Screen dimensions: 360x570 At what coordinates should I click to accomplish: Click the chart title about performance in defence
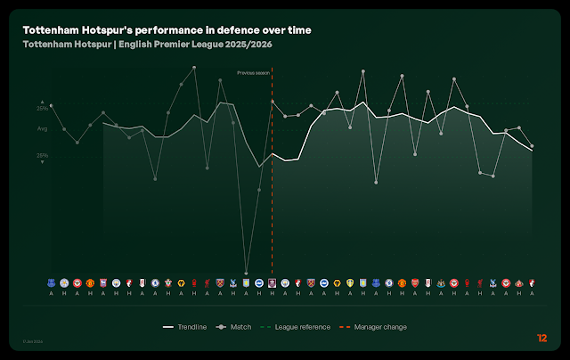point(167,30)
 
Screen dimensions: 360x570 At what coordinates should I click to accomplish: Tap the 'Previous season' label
point(253,72)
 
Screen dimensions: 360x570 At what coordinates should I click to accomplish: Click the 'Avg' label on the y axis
point(42,129)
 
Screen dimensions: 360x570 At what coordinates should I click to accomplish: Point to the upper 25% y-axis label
point(42,109)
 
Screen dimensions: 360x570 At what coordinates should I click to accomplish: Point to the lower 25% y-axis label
point(42,155)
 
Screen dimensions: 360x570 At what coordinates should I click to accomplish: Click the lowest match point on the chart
point(247,274)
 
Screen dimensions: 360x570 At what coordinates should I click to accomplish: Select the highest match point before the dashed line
point(194,68)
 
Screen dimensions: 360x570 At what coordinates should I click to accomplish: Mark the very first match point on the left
point(51,105)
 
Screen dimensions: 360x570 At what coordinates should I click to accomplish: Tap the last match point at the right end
point(532,146)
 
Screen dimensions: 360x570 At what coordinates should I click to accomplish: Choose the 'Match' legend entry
point(235,327)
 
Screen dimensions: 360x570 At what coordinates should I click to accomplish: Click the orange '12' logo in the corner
point(542,338)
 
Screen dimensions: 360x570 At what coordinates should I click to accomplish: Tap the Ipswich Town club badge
point(103,282)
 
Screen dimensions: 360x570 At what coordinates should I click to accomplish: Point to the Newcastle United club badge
point(441,282)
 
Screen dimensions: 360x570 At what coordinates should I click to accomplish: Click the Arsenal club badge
point(415,282)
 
